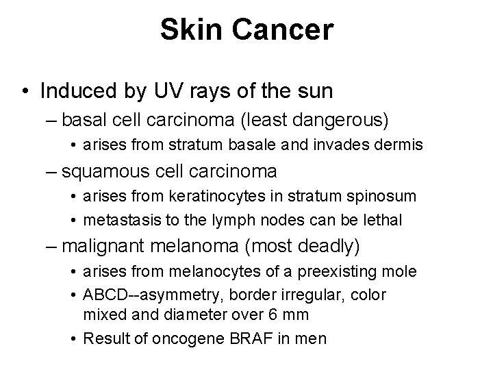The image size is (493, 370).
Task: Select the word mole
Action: pos(401,271)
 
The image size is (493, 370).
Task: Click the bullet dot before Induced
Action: pos(25,90)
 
